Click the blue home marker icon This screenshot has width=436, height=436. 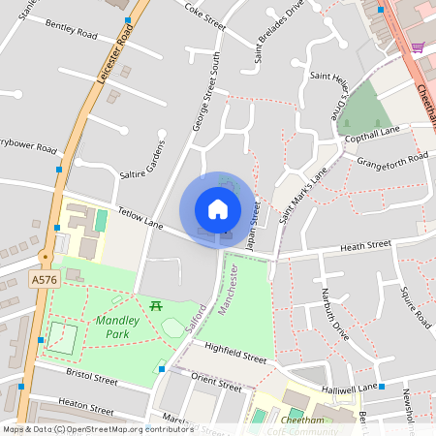click(x=218, y=208)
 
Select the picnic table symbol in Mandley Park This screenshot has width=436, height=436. click(x=155, y=305)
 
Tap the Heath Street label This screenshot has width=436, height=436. click(x=364, y=247)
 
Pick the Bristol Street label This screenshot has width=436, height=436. click(x=90, y=376)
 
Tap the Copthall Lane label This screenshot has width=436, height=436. click(x=372, y=137)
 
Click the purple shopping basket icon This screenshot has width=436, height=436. click(x=418, y=47)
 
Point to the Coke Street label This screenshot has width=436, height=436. click(x=204, y=15)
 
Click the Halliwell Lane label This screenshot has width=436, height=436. click(x=351, y=388)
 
